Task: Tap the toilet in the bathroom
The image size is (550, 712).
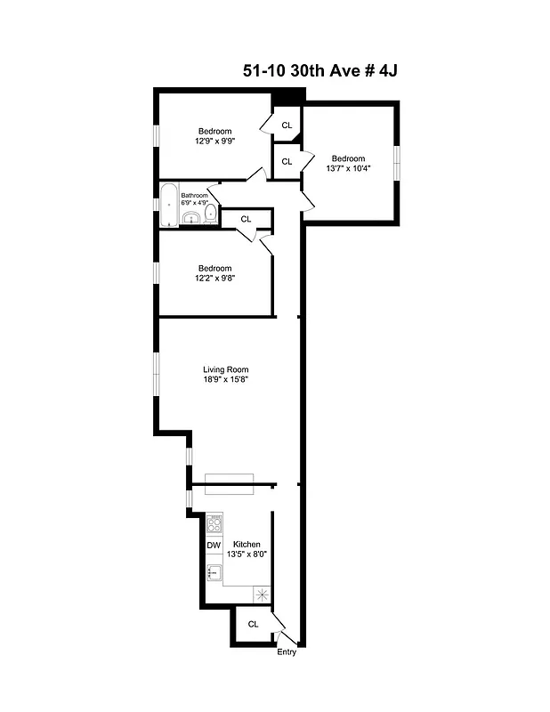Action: (x=208, y=214)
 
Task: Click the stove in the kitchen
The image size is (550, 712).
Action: (x=214, y=524)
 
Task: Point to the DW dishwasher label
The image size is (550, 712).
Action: (x=214, y=546)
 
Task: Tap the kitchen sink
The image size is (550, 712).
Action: (x=214, y=572)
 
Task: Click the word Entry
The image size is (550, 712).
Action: (x=287, y=652)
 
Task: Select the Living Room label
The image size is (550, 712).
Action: (x=225, y=370)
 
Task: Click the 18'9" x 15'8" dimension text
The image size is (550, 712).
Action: (x=225, y=381)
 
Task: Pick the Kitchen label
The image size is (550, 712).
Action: (x=247, y=544)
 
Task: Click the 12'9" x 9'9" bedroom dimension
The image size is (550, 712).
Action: (x=214, y=141)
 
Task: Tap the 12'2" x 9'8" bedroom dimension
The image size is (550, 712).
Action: (x=214, y=279)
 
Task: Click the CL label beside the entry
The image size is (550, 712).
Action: (x=253, y=624)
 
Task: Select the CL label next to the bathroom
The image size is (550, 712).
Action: (x=246, y=218)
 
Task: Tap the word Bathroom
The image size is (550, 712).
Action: (x=194, y=195)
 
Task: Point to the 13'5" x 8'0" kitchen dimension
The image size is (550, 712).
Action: (x=247, y=554)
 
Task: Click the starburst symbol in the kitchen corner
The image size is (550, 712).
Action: (x=262, y=594)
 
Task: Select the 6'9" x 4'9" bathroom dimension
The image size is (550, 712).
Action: (x=194, y=203)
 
